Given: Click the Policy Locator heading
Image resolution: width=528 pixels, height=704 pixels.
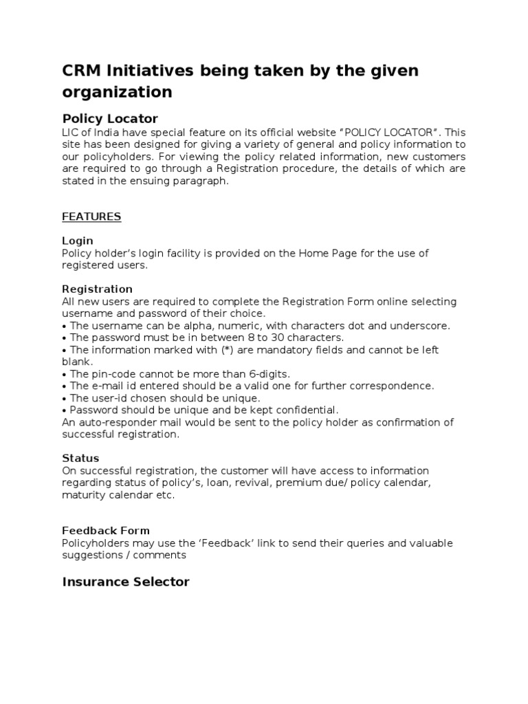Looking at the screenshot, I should [110, 118].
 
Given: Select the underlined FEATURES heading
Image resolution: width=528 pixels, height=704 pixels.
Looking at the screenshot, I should [91, 217].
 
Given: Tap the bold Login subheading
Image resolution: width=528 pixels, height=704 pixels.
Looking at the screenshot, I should [78, 241].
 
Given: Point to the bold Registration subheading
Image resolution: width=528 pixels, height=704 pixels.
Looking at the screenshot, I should [97, 289].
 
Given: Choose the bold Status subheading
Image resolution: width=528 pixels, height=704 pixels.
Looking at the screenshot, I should [80, 458].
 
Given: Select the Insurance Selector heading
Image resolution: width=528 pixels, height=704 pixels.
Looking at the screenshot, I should [126, 582].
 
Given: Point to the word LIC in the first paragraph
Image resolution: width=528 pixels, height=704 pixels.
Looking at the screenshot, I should [71, 132].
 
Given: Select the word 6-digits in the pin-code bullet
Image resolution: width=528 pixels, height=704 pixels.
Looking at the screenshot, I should [268, 374].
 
